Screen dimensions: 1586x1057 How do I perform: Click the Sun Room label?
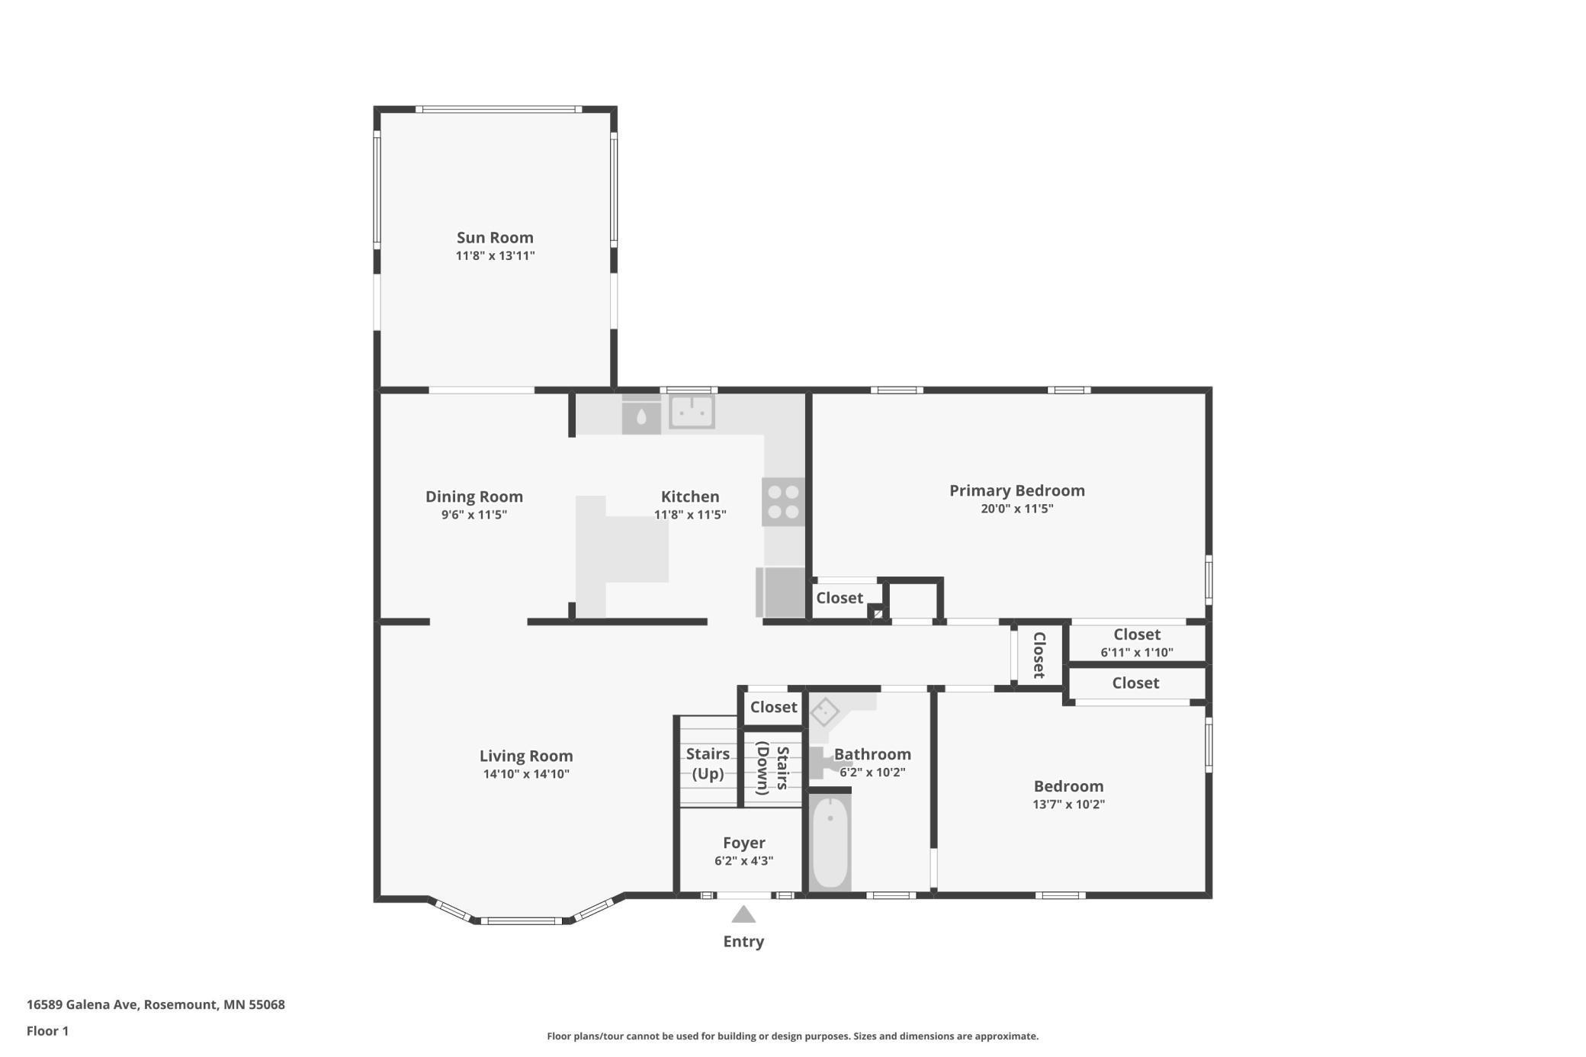click(495, 238)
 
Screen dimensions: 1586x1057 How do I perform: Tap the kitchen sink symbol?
click(692, 412)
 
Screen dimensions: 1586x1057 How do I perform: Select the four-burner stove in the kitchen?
click(783, 502)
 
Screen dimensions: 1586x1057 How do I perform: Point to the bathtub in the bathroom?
click(830, 842)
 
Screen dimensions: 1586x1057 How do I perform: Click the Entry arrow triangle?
click(743, 914)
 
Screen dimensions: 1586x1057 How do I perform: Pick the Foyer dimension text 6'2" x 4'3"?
click(743, 861)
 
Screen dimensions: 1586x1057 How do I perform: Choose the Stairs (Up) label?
click(708, 763)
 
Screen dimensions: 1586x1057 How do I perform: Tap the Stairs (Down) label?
click(772, 768)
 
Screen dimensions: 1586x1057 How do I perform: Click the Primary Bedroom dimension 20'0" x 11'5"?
click(1016, 509)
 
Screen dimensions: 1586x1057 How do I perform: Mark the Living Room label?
click(526, 756)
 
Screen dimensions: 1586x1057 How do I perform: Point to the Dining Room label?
click(474, 496)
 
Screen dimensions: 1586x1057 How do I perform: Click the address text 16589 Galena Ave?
click(82, 1004)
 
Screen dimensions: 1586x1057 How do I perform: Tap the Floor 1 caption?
click(47, 1031)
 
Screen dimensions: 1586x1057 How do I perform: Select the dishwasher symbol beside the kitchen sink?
click(641, 416)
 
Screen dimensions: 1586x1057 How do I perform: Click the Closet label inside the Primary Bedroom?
click(840, 598)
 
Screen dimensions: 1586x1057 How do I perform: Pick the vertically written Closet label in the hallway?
click(1039, 654)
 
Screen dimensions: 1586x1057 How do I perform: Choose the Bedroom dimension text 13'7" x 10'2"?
click(1068, 804)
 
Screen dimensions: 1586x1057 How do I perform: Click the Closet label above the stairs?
click(773, 707)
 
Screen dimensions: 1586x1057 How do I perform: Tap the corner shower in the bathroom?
click(831, 713)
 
